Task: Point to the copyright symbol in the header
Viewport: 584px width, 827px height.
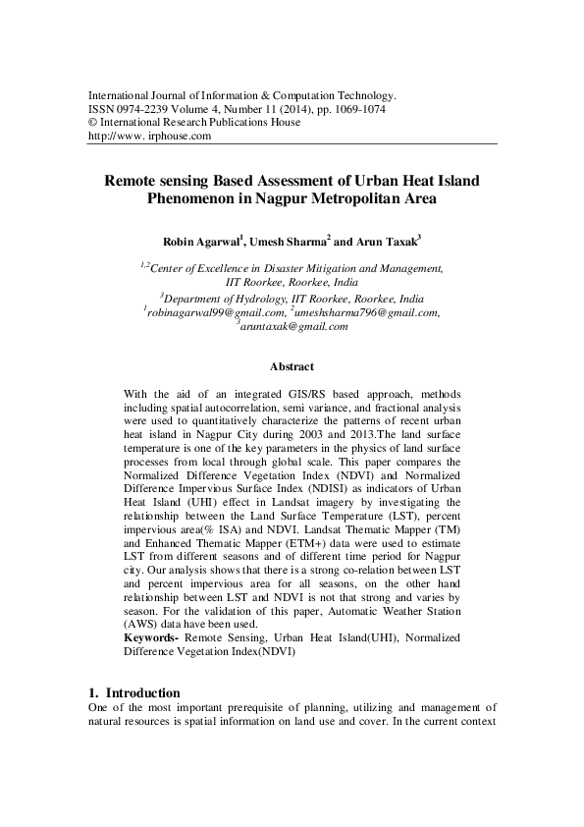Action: [x=93, y=123]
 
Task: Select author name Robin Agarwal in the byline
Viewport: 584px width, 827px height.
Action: [x=203, y=241]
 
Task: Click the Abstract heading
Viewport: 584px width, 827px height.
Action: [x=292, y=367]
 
